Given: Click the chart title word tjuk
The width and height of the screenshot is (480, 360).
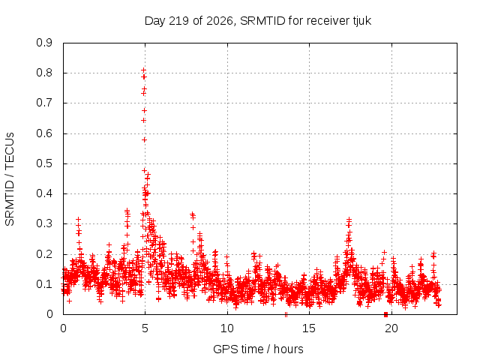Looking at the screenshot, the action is tap(362, 21).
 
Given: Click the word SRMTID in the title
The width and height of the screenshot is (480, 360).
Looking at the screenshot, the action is tap(262, 21).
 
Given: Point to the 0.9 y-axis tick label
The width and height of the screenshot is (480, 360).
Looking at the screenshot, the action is tap(44, 43).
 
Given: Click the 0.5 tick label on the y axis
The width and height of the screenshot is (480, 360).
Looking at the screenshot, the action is tap(44, 163).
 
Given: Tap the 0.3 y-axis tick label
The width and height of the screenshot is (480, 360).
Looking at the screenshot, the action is tap(44, 223).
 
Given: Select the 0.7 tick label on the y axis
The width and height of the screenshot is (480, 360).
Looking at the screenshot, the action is tap(44, 103).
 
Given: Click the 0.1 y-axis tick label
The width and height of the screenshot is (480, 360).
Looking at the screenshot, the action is tap(44, 284).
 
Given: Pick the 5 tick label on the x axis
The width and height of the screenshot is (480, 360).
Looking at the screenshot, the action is tap(145, 328).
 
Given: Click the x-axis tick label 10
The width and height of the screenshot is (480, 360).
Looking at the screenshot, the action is tap(227, 328).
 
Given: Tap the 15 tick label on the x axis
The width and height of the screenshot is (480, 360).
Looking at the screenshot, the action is tap(309, 328).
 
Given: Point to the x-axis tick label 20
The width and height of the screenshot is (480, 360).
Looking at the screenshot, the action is tap(391, 328).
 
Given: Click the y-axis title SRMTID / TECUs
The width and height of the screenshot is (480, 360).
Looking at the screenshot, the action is tap(10, 179).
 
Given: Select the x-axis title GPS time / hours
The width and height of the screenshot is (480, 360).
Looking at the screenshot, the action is tap(258, 349).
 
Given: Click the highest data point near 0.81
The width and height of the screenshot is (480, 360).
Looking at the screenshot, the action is tap(143, 70).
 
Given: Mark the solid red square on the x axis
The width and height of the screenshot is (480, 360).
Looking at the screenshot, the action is tap(385, 314).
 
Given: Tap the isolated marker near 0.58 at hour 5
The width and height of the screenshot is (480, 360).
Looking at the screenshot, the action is tap(144, 140).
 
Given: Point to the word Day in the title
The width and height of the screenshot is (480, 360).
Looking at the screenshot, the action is tap(155, 21).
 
